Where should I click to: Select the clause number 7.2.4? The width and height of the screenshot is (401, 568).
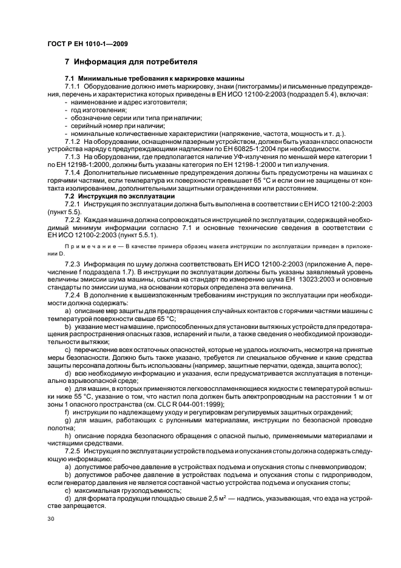point(73,294)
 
